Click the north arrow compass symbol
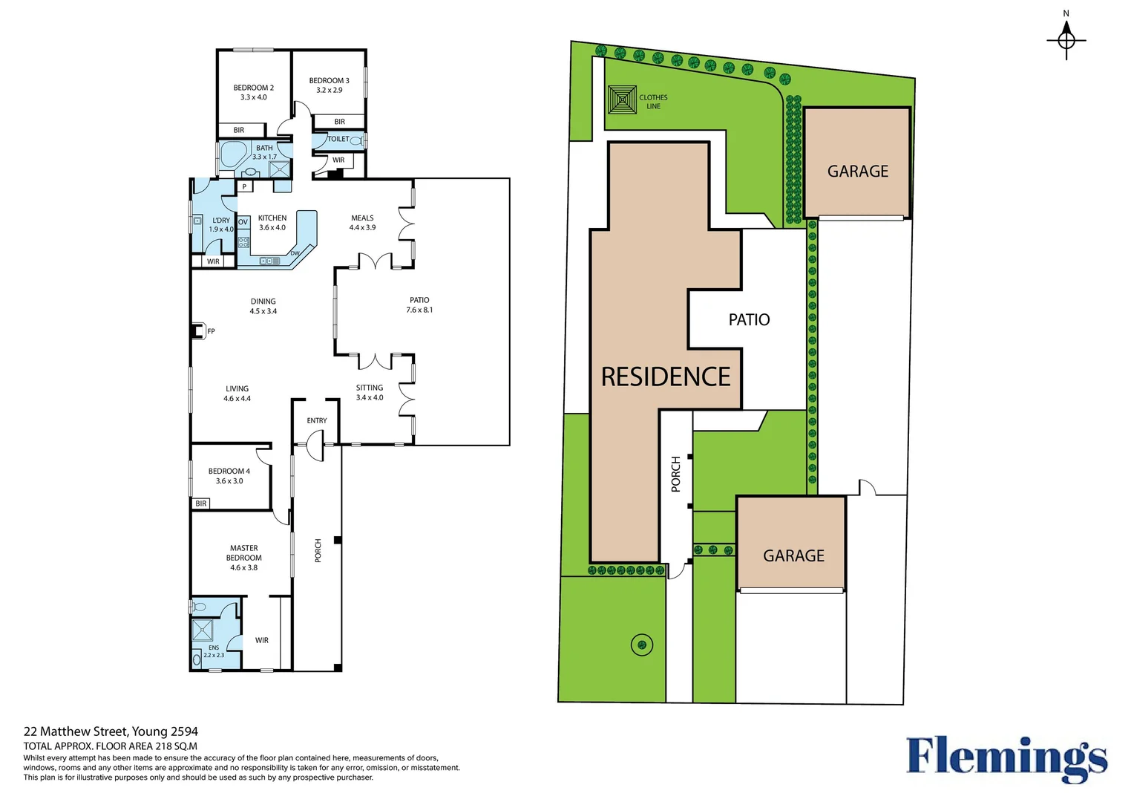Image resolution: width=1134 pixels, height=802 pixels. (1066, 39)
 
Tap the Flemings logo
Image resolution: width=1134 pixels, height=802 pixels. (1006, 758)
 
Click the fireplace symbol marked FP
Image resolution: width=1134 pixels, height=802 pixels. (198, 331)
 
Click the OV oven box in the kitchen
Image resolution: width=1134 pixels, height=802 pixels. (243, 222)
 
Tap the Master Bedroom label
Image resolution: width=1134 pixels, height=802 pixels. (243, 558)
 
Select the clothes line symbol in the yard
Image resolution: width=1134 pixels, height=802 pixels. (622, 100)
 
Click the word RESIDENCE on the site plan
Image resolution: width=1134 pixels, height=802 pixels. (665, 377)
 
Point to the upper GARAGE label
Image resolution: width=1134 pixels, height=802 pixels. (857, 172)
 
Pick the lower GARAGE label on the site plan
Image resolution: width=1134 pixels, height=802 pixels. (793, 556)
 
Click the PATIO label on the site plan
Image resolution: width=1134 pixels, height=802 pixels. (749, 320)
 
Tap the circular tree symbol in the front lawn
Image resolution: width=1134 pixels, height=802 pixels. (641, 645)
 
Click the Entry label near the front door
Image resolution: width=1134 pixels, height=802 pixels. (317, 420)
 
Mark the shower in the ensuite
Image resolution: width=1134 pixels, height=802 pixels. (203, 630)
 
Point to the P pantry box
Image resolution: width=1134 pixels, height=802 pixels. (244, 186)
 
